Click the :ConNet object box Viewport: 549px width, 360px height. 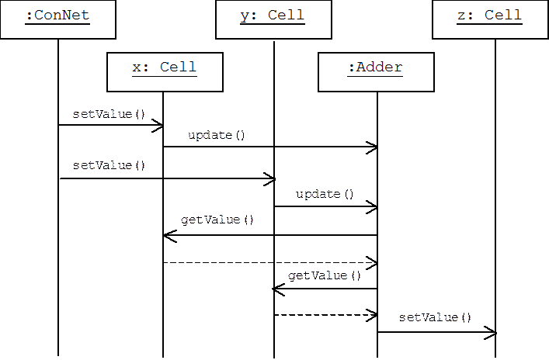(x=57, y=19)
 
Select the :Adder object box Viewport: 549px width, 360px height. (x=375, y=72)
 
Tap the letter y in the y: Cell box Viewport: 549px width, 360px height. (x=245, y=16)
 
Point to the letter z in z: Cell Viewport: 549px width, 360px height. (x=461, y=16)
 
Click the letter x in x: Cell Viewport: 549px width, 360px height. (x=137, y=67)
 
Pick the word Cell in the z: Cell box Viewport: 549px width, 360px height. (x=503, y=16)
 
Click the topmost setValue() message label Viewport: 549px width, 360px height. (x=109, y=114)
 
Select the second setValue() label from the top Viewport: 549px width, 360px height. (x=109, y=165)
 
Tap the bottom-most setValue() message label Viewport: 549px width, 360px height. (x=436, y=317)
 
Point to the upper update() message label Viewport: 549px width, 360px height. (x=216, y=136)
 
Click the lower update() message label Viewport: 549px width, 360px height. (x=324, y=194)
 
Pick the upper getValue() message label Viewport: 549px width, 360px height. (x=217, y=220)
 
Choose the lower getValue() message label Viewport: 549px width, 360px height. (x=324, y=275)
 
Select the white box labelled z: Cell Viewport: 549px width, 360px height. (x=489, y=19)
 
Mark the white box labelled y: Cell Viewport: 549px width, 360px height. (x=273, y=19)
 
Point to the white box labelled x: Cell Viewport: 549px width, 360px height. (x=165, y=72)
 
